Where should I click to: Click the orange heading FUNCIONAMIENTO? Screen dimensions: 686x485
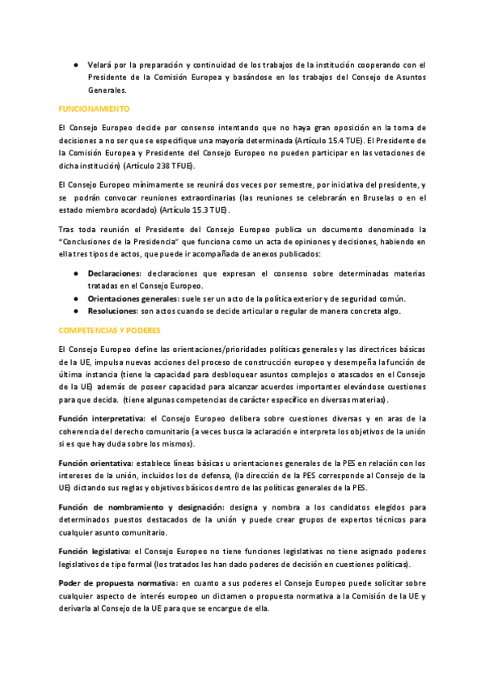[x=94, y=108]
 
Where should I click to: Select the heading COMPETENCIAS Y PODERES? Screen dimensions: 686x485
[x=109, y=330]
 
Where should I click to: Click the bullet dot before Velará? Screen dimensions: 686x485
[x=75, y=65]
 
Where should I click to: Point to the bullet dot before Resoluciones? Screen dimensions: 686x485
[x=75, y=311]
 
